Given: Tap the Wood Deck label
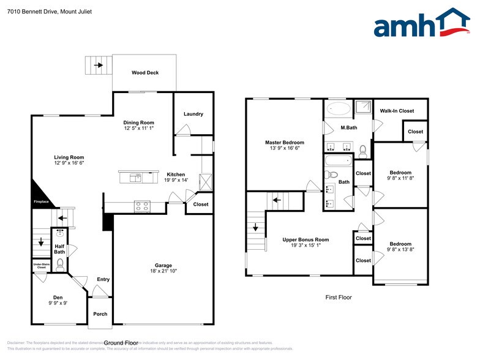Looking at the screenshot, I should coord(145,73).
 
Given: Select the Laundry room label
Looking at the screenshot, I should coord(193,114).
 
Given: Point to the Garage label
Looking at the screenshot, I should coord(163,265).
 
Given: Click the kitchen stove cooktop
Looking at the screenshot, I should coord(141,206).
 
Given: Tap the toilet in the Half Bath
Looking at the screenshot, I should coord(60,264).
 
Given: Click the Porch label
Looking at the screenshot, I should coord(100,314).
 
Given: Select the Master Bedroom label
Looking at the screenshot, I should coord(284,142).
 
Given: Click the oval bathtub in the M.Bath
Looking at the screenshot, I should coord(339,109).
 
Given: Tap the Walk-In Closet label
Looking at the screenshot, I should coord(397,111).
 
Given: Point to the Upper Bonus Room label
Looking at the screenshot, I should coord(306,239).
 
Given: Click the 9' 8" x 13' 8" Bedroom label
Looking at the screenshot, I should coord(400,244).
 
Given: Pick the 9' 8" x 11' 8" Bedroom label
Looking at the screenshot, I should coord(400,173).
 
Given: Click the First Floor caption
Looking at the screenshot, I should coord(338,298).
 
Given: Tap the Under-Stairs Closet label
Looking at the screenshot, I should coord(42,266).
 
